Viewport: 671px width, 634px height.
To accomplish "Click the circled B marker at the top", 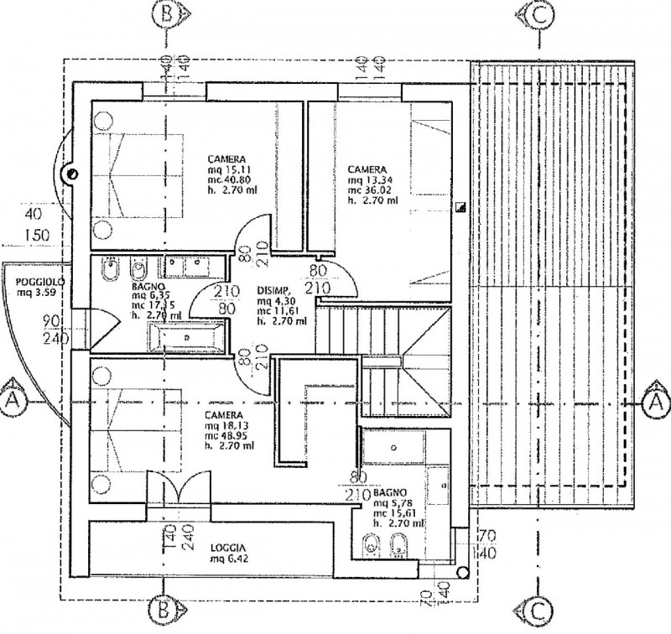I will pos(165,14).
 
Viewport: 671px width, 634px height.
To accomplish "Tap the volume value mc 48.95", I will pos(229,435).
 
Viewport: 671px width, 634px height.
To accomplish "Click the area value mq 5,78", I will pos(393,501).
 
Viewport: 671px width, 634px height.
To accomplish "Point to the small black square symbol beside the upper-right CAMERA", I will pos(460,206).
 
